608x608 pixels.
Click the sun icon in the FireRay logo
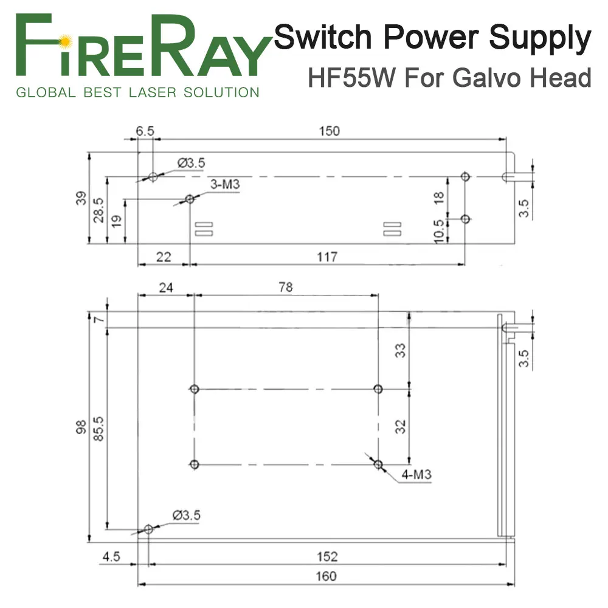(x=65, y=40)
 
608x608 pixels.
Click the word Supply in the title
(x=540, y=39)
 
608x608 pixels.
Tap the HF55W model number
(x=351, y=78)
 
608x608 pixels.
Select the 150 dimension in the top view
(x=329, y=131)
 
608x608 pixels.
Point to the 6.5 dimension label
(x=145, y=131)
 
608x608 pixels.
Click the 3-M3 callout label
(x=225, y=184)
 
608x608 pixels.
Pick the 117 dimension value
(x=327, y=257)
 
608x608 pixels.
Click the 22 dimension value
(x=163, y=257)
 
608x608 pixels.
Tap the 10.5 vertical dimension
(x=438, y=231)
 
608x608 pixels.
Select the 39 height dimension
(x=81, y=198)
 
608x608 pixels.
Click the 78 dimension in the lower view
(x=285, y=287)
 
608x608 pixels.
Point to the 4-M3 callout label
(x=416, y=474)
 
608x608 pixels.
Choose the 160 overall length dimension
(x=326, y=576)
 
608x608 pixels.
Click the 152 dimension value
(x=327, y=557)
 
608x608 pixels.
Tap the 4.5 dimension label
(x=111, y=557)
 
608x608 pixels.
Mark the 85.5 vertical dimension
(x=98, y=429)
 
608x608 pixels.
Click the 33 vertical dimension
(x=400, y=350)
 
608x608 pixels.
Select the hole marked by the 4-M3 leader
(x=378, y=464)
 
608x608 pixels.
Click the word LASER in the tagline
(x=153, y=92)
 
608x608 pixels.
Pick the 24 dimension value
(x=165, y=288)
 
